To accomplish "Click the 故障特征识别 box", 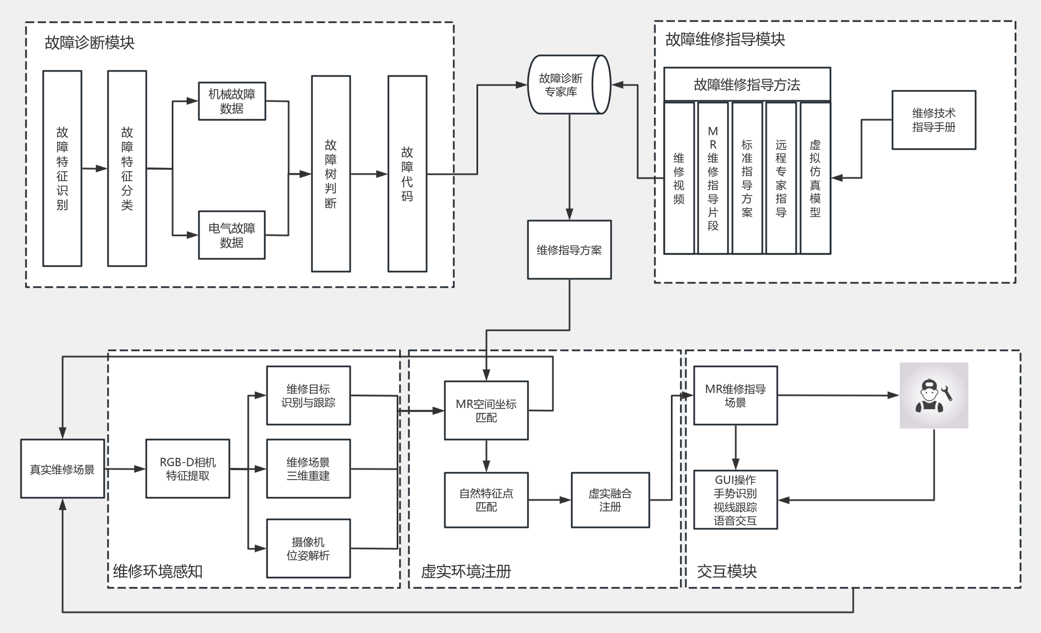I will [62, 169].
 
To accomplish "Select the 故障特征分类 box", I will [127, 169].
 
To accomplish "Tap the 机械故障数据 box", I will [232, 101].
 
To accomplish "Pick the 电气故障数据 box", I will [232, 235].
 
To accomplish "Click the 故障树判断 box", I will [331, 173].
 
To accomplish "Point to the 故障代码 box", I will [407, 173].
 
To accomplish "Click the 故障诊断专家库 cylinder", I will [568, 85].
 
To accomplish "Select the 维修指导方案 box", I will [569, 250].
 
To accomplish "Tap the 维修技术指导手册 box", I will [934, 120].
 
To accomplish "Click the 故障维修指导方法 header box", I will [747, 85].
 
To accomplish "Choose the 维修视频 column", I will [679, 178].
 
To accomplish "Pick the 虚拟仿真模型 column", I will [815, 178].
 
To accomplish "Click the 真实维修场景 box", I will [62, 469].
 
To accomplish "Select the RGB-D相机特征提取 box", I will [187, 469].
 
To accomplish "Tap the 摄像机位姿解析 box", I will [308, 548].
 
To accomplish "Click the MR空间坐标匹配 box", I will [486, 410].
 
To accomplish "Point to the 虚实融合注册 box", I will [610, 500].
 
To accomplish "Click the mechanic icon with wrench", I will [934, 395].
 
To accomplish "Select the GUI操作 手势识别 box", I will [735, 500].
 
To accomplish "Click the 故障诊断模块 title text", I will [90, 43].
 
